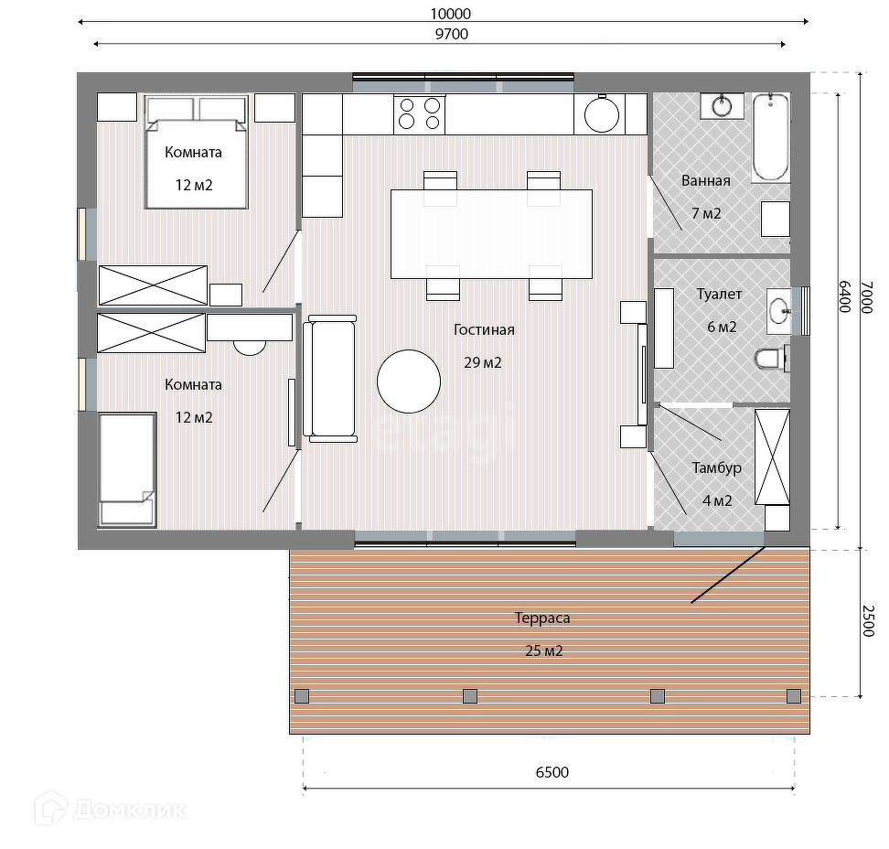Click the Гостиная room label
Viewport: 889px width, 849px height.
pos(484,329)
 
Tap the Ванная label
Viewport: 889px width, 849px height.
pos(706,181)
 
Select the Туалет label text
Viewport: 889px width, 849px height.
pos(719,295)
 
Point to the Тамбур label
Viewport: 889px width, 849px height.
pos(717,468)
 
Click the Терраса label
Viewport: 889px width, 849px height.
pos(542,618)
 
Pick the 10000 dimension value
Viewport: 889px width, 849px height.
pos(451,14)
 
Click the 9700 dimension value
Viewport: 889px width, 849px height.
pos(451,34)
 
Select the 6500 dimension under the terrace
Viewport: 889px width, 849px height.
pos(552,772)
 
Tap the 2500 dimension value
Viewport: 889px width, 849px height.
pos(868,621)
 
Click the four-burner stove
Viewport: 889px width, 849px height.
pos(420,113)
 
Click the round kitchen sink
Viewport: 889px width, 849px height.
pos(602,115)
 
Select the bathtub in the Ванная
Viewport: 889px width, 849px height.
pos(771,138)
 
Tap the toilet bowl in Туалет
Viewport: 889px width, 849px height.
pos(772,359)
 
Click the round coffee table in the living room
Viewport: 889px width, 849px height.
pos(409,382)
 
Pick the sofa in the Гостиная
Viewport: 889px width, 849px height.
pos(330,379)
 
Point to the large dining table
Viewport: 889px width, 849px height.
pos(491,234)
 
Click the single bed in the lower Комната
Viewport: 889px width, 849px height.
pos(127,470)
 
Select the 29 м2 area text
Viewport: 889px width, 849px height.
pos(483,363)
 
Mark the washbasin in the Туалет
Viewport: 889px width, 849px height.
pos(779,311)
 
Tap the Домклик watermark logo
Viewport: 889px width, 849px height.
pos(111,810)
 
